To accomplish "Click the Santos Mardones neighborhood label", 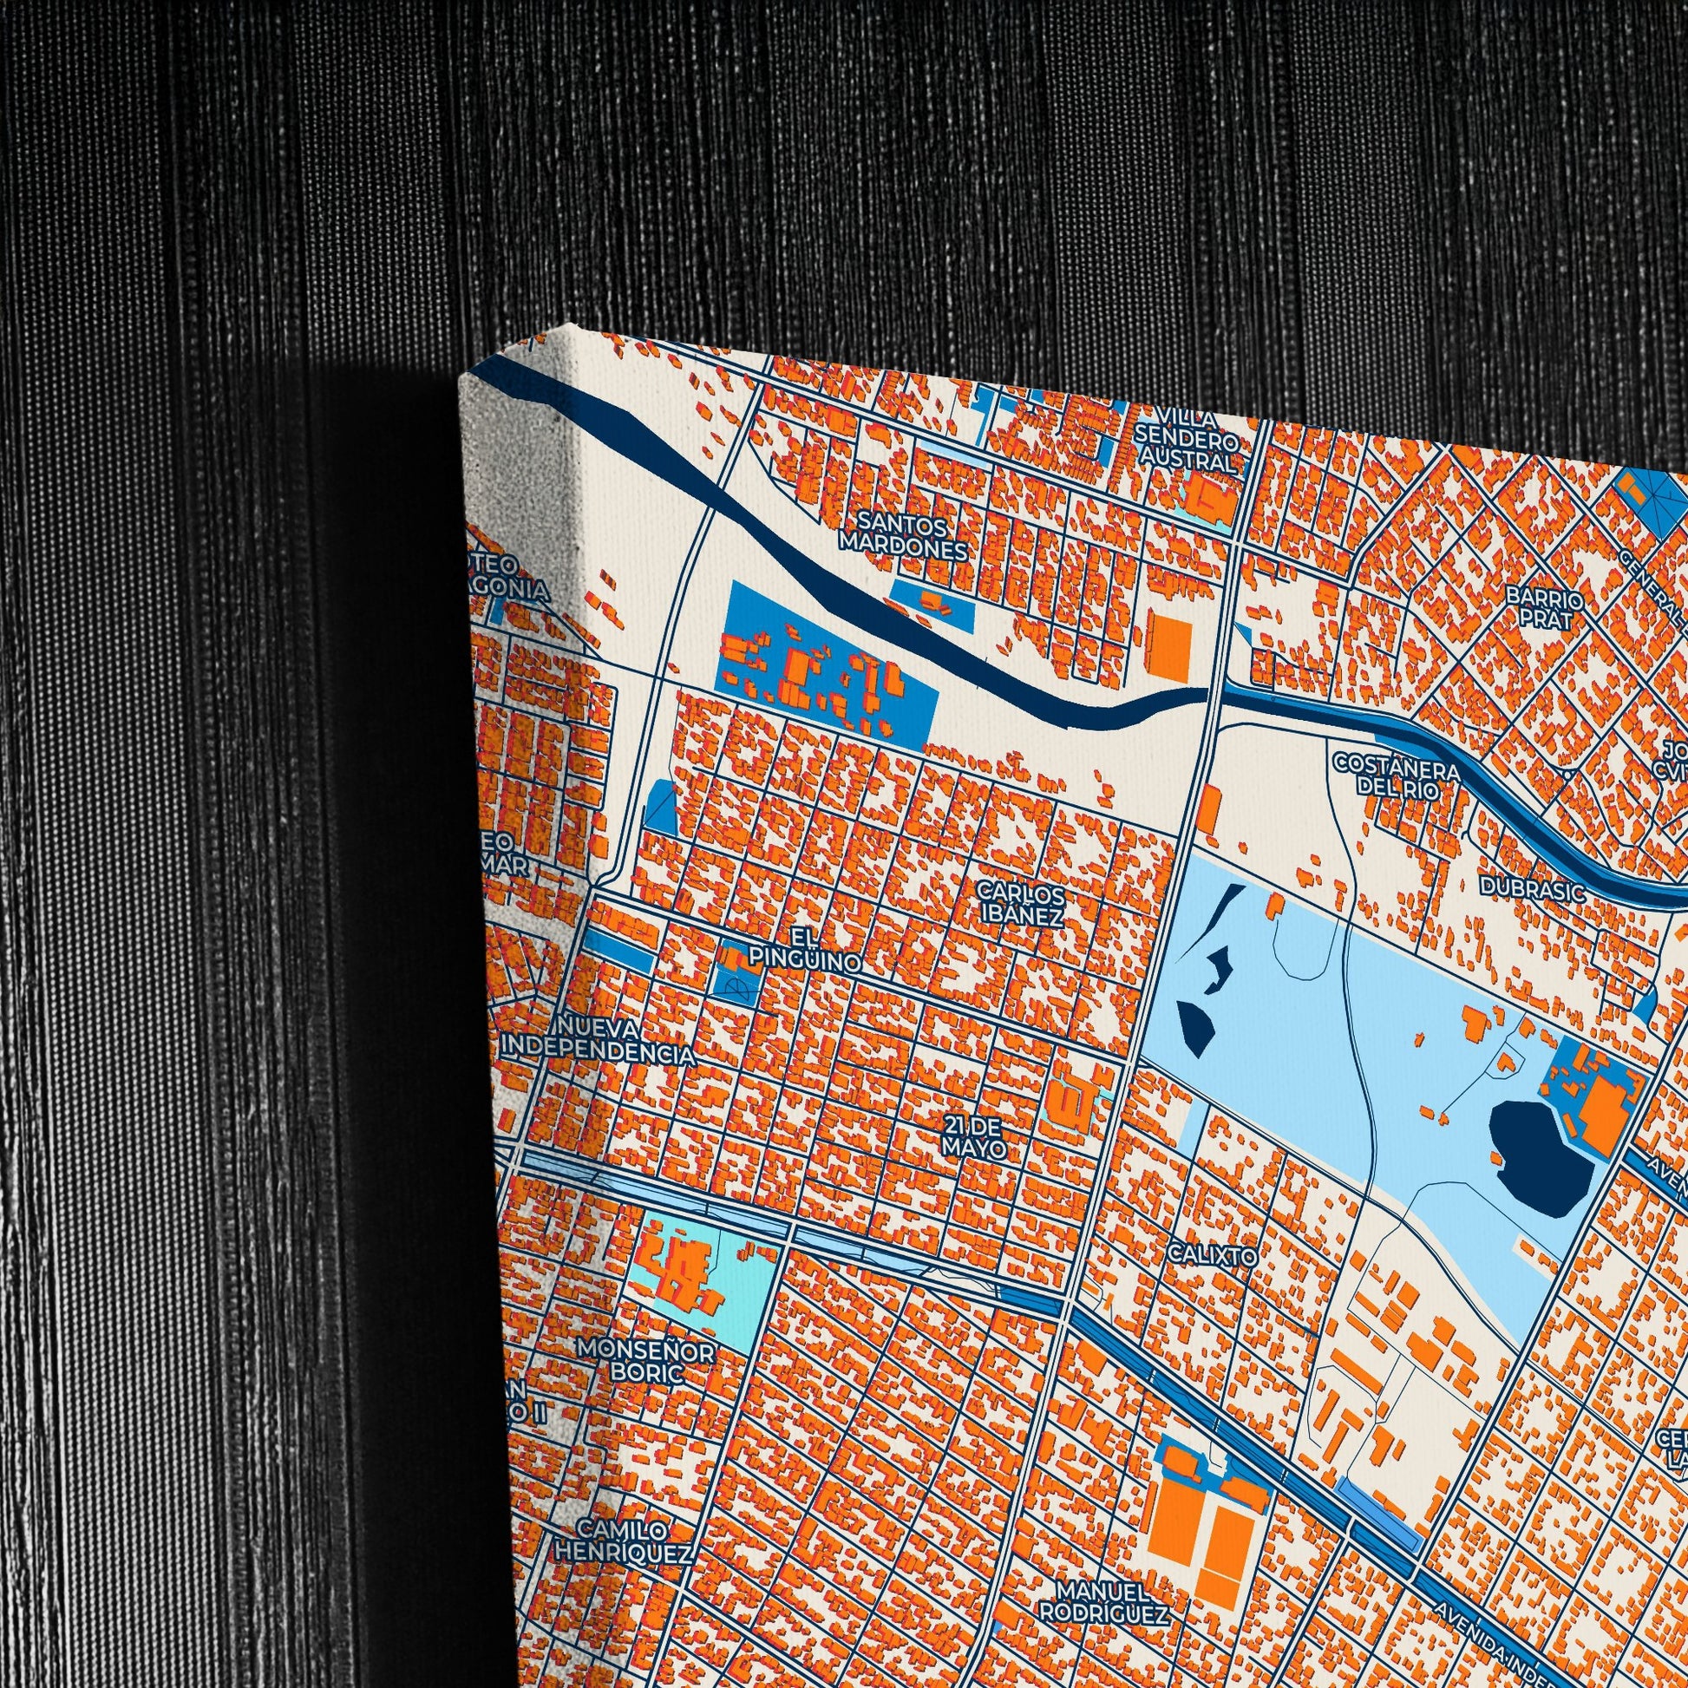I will [x=903, y=536].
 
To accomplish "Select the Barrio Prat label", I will [x=1544, y=609].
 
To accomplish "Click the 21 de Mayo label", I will [x=973, y=1135].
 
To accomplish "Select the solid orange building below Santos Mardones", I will [x=1170, y=644].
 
